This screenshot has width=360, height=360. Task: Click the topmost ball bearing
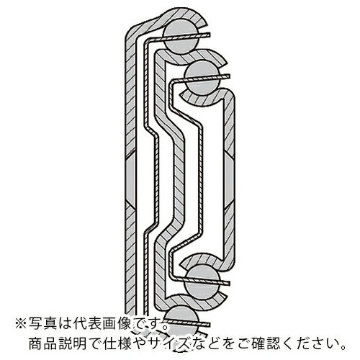coord(181,37)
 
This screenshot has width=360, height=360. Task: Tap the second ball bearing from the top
coord(202,77)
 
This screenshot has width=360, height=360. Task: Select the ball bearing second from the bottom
coord(202,283)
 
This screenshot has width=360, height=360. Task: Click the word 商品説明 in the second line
coord(57,344)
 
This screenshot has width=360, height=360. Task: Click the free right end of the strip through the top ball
coord(210,35)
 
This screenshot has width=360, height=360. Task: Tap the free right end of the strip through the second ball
coord(230,76)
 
